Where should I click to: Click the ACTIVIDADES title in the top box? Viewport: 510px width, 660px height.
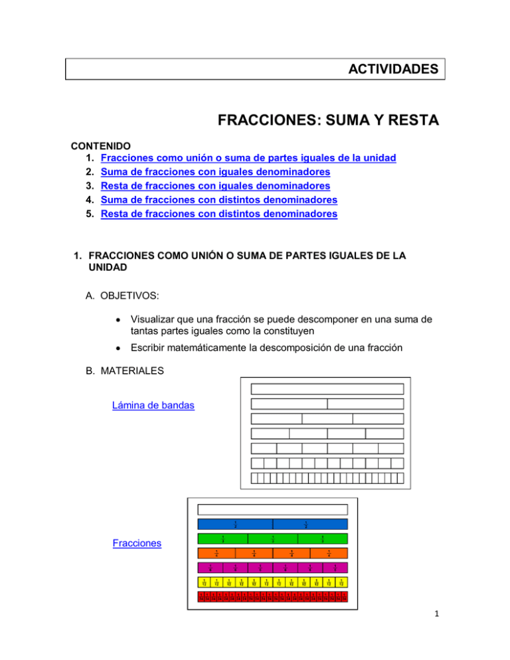pos(396,69)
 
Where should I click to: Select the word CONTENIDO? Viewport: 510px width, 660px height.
pos(103,144)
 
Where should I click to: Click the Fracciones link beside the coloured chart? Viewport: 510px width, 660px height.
pos(136,542)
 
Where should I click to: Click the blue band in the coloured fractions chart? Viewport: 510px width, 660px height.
pos(273,525)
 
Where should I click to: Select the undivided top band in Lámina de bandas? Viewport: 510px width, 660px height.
pos(327,390)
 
